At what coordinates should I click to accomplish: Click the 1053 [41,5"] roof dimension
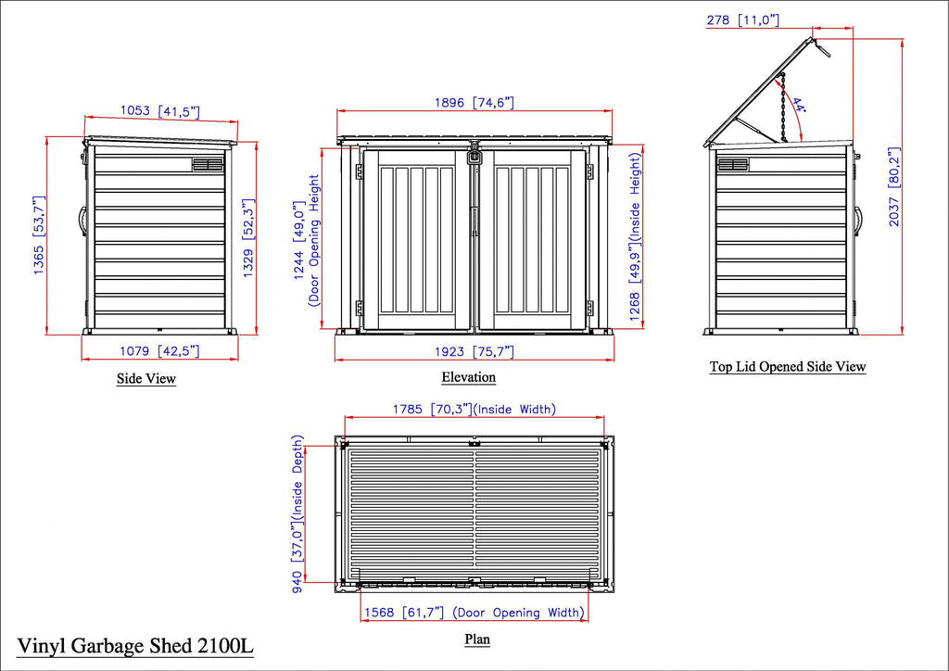pos(159,111)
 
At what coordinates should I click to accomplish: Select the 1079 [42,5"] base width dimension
pos(159,351)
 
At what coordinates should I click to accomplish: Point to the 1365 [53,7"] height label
pos(39,234)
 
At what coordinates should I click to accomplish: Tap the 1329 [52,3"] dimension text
pos(248,238)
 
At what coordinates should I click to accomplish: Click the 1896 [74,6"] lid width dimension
pos(474,102)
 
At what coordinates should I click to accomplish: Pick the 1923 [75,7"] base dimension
pos(474,351)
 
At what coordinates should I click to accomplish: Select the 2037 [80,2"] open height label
pos(894,186)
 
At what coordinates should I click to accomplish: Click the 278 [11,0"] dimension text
pos(742,20)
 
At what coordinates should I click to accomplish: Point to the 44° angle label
pos(800,106)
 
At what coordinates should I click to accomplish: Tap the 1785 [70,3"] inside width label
pos(474,409)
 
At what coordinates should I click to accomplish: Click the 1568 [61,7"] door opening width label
pos(474,613)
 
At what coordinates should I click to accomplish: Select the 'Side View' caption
pos(146,379)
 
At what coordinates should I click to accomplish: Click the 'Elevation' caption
pos(468,377)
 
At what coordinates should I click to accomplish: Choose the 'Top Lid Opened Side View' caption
pos(788,367)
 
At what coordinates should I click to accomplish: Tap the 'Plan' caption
pos(477,639)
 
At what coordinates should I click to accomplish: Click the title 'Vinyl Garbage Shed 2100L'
pos(135,646)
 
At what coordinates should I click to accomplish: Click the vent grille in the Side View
pos(208,165)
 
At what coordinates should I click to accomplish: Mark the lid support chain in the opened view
pos(783,108)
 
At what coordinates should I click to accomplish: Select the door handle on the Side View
pos(82,222)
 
